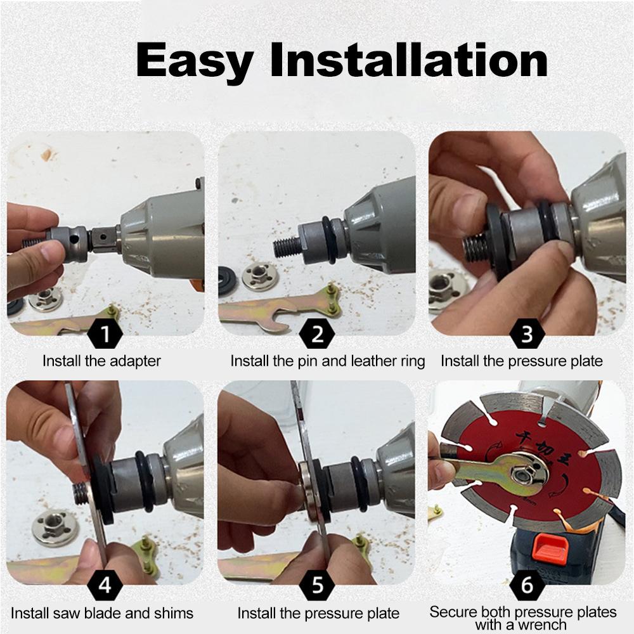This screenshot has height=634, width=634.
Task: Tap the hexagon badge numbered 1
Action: click(105, 334)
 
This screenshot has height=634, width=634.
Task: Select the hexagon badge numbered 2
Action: click(318, 334)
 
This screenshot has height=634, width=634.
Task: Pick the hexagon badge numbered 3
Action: click(527, 334)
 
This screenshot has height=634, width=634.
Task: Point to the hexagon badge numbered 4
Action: click(105, 585)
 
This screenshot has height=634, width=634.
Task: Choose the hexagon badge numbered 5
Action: click(318, 585)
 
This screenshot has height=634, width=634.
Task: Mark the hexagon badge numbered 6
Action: click(527, 585)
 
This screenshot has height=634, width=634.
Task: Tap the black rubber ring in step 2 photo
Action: click(330, 240)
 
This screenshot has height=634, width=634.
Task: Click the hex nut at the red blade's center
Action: click(523, 472)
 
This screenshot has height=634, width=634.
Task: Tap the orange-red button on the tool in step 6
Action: click(549, 548)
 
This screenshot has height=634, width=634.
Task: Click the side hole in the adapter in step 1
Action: click(74, 240)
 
